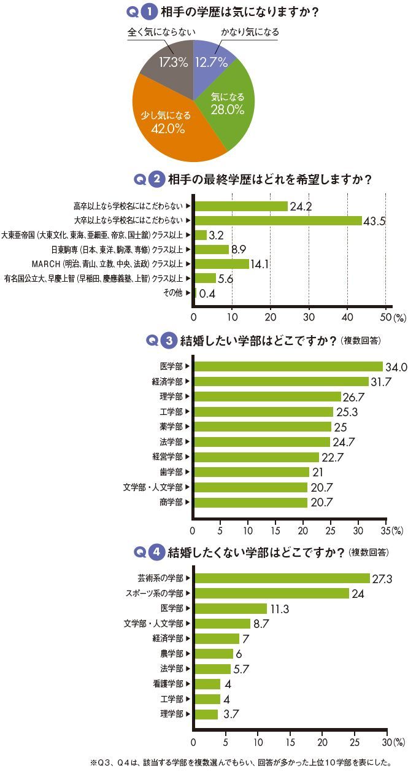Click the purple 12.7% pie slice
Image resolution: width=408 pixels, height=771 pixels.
tap(212, 58)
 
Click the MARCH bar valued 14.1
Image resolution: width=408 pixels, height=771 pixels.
tap(221, 264)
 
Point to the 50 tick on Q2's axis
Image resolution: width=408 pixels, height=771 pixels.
tap(385, 317)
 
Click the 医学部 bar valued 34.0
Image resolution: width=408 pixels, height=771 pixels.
tap(288, 366)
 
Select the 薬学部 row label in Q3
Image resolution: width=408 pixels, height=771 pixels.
tap(171, 427)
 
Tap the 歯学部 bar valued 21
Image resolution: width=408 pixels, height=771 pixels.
tap(252, 472)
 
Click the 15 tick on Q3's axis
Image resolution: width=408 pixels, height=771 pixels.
tap(275, 530)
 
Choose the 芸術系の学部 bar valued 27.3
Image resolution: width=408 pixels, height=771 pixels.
tap(282, 578)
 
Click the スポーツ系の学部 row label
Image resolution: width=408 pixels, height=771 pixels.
tap(159, 593)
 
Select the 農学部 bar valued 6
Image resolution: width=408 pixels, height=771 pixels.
tap(214, 654)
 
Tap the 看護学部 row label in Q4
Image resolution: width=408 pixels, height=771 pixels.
tap(168, 684)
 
